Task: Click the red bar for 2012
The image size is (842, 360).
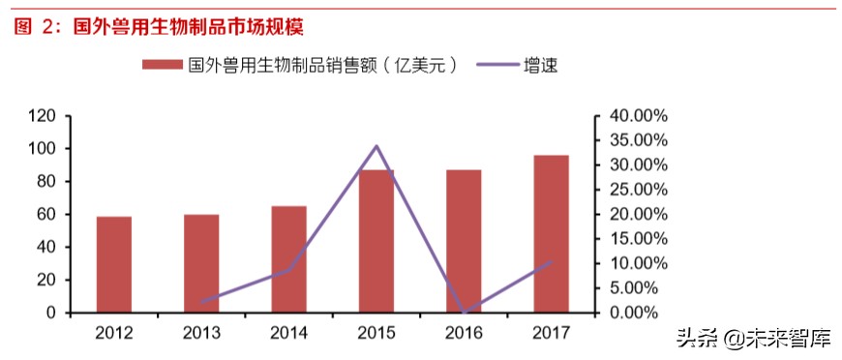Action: pos(114,264)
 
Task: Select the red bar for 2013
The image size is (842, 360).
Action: pos(201,263)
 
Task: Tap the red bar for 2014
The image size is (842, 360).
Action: pos(288,259)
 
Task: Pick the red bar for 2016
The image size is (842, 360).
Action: pos(464,241)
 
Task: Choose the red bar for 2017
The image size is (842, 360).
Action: pos(551,233)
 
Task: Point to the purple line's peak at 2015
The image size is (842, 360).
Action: pos(376,146)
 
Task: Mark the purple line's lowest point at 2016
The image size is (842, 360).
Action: pos(464,313)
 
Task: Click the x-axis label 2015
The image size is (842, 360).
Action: pos(376,334)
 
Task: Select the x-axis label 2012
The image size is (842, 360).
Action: pos(114,334)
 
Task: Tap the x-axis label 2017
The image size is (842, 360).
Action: pos(552,334)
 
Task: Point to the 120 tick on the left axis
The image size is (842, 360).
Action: pos(42,116)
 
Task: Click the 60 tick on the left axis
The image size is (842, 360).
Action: pos(45,215)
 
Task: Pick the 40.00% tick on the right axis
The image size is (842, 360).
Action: pos(634,116)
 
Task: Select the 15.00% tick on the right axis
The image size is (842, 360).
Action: pos(634,239)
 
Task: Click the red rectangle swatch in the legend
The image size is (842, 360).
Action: pos(161,65)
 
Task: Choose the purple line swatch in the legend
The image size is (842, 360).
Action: pos(494,65)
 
